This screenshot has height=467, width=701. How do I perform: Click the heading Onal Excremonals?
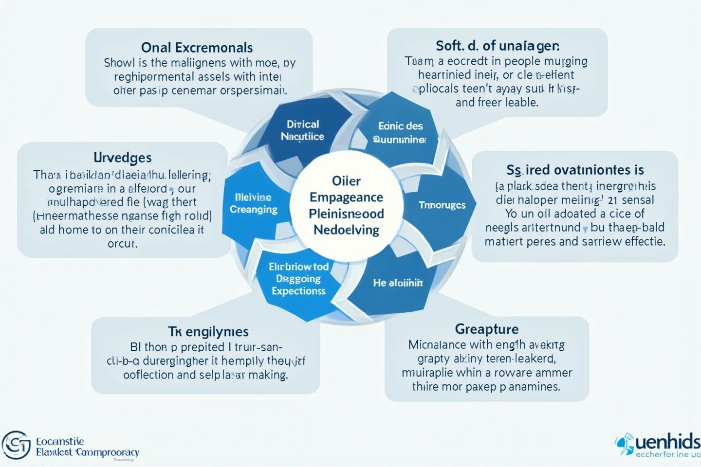197,48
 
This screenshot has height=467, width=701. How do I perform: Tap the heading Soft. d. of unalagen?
497,46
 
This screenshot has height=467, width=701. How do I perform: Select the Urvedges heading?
122,158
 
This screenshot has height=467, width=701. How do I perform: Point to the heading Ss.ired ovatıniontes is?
575,170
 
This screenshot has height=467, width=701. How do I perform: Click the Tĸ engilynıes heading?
208,332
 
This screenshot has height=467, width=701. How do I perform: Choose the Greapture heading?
486,329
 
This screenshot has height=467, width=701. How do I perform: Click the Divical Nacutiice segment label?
302,130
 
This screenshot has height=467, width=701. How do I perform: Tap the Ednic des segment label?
400,126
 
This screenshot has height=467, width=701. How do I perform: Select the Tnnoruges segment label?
442,205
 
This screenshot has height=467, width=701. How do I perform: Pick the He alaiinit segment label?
398,283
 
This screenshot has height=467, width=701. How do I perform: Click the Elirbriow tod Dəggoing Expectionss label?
298,279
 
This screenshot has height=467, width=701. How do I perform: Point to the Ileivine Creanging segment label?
253,203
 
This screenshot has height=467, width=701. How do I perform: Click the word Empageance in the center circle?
346,198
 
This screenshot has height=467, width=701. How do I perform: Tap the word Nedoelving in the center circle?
346,230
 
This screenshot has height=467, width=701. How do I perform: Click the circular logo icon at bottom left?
16,445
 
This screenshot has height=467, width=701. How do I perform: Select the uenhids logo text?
667,442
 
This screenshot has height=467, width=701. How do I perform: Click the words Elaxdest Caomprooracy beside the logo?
88,452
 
